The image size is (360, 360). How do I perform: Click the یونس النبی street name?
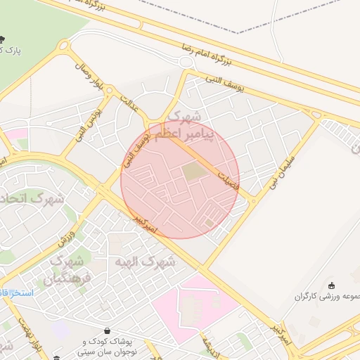coord(91,120)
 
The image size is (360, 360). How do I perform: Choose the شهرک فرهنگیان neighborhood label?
coord(67,271)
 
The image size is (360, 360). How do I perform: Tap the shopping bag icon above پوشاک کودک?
coord(107,330)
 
